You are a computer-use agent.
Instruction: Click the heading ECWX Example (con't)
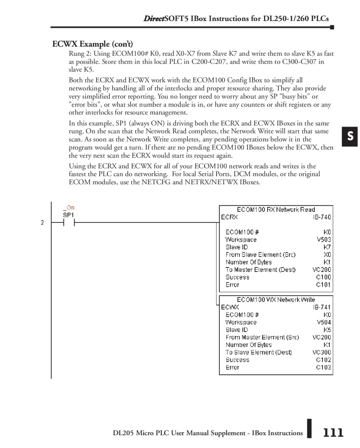pyautogui.click(x=92, y=44)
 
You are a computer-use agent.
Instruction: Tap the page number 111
pyautogui.click(x=333, y=433)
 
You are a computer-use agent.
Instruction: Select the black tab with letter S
pyautogui.click(x=350, y=137)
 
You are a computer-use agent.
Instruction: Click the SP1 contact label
pyautogui.click(x=68, y=215)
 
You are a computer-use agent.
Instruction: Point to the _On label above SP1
pyautogui.click(x=68, y=207)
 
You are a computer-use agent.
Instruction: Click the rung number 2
pyautogui.click(x=42, y=223)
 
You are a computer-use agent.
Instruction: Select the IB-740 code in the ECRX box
pyautogui.click(x=322, y=217)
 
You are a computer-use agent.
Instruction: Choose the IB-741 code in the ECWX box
pyautogui.click(x=322, y=307)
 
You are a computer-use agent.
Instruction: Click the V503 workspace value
pyautogui.click(x=324, y=239)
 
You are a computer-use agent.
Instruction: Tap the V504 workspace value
pyautogui.click(x=324, y=322)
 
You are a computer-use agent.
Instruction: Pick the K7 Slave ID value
pyautogui.click(x=327, y=247)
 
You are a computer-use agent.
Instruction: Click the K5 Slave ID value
pyautogui.click(x=327, y=329)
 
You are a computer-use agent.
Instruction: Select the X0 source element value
pyautogui.click(x=327, y=254)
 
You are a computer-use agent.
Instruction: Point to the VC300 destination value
pyautogui.click(x=322, y=352)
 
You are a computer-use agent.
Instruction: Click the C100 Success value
pyautogui.click(x=323, y=277)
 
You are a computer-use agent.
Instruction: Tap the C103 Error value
pyautogui.click(x=323, y=367)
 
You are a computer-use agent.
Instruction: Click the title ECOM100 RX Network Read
pyautogui.click(x=276, y=209)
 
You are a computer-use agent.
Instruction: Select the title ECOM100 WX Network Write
pyautogui.click(x=276, y=299)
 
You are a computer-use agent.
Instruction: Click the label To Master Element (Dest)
pyautogui.click(x=260, y=269)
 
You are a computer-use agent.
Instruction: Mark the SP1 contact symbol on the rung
pyautogui.click(x=68, y=223)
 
